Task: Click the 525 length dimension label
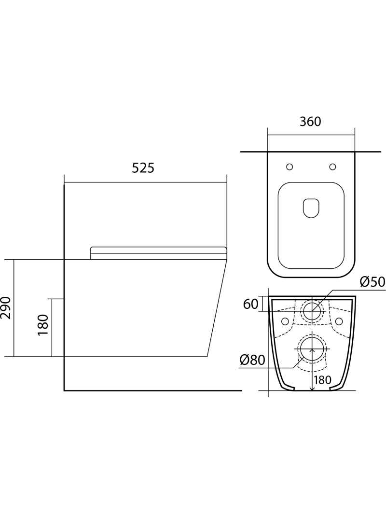(143, 168)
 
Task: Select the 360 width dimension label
(310, 122)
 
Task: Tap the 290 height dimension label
(7, 307)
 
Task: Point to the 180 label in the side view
(43, 325)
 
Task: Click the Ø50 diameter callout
(372, 282)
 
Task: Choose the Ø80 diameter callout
(252, 360)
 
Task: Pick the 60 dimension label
(250, 304)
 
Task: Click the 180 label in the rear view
(322, 380)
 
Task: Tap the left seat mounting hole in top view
(289, 167)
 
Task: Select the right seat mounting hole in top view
(332, 167)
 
